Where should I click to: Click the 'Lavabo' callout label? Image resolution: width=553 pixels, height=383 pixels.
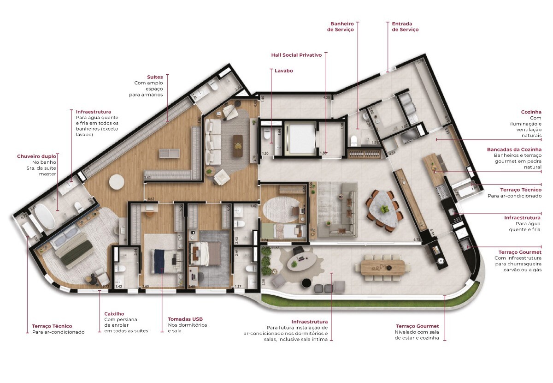pyautogui.click(x=283, y=71)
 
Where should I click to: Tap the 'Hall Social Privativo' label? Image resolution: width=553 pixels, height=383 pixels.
pyautogui.click(x=296, y=54)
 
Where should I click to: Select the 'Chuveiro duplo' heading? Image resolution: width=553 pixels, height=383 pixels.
pyautogui.click(x=36, y=156)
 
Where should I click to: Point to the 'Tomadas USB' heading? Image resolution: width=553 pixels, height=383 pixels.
pyautogui.click(x=185, y=319)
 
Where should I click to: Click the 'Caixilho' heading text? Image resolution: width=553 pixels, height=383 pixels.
pyautogui.click(x=114, y=314)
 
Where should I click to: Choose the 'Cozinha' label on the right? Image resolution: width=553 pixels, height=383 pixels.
pyautogui.click(x=531, y=112)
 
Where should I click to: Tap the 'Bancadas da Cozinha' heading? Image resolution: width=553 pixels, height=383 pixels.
pyautogui.click(x=514, y=150)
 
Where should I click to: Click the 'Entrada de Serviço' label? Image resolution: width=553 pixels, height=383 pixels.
pyautogui.click(x=405, y=26)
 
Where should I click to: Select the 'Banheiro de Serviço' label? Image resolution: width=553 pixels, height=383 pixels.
pyautogui.click(x=341, y=26)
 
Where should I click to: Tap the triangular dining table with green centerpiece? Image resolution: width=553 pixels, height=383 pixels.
pyautogui.click(x=383, y=209)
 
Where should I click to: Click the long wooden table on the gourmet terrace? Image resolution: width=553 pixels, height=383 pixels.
pyautogui.click(x=383, y=267)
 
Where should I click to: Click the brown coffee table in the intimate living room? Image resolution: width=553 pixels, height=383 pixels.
pyautogui.click(x=238, y=146)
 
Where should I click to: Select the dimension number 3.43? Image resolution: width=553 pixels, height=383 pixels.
pyautogui.click(x=147, y=177)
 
